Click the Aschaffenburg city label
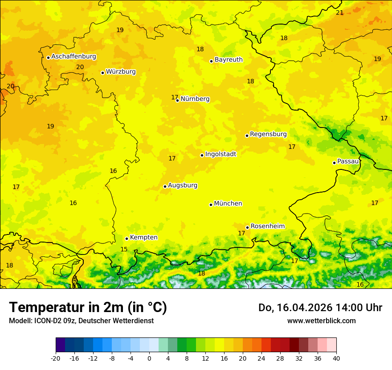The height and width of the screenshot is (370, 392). [73, 57]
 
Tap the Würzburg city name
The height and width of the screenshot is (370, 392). [121, 72]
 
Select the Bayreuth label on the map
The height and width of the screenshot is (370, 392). [229, 60]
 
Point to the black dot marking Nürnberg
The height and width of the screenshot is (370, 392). [177, 100]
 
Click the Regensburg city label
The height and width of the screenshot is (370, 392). [268, 134]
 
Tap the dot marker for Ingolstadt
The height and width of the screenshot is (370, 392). [202, 155]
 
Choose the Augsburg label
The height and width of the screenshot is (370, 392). [183, 185]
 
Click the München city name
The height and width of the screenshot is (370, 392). [228, 204]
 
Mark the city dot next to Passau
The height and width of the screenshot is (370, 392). [334, 163]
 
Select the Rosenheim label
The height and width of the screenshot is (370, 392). [267, 226]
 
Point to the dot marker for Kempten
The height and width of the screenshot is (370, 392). [127, 238]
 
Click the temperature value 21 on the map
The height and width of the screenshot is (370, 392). [339, 12]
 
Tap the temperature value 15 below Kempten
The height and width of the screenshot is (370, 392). [124, 249]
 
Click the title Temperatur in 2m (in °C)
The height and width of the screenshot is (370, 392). [88, 308]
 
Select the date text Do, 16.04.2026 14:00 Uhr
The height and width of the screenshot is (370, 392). [320, 308]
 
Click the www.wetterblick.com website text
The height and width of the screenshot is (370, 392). [321, 321]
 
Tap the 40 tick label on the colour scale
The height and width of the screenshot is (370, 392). [336, 358]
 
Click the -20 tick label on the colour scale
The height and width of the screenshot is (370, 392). [56, 358]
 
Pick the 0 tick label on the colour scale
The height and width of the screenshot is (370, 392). [149, 358]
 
